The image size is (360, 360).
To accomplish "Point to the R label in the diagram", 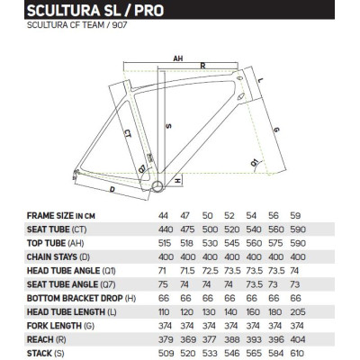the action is pos(203,66).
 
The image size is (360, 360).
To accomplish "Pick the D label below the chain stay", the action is pos(111,190).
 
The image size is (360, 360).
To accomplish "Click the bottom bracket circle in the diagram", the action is pos(159,186).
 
